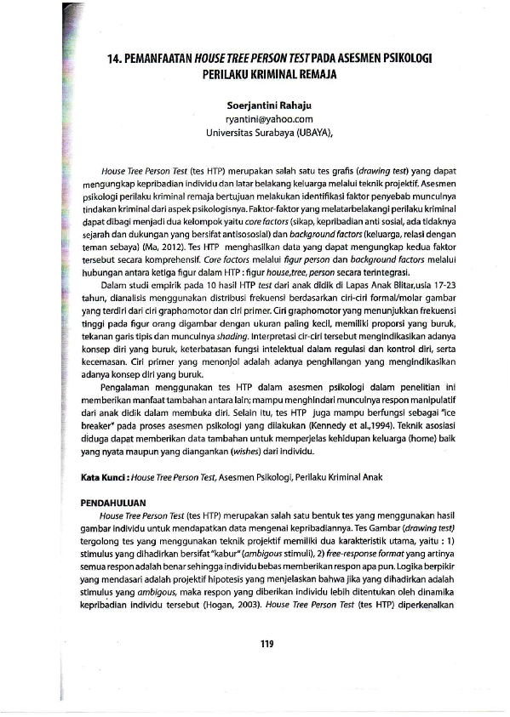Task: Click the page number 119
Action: tap(266, 642)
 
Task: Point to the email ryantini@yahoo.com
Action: tap(266, 120)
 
